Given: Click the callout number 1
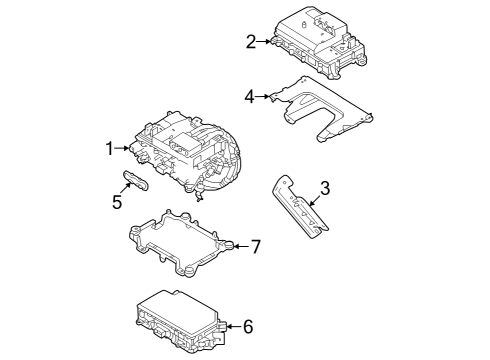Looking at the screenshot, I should tap(109, 149).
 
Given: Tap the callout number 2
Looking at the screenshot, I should tap(250, 41).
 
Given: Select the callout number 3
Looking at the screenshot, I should tap(323, 187).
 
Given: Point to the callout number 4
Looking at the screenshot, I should tap(249, 96).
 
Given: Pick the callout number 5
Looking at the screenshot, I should tap(117, 200).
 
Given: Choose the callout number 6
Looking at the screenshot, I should tap(248, 325).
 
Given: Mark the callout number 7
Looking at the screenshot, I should tap(255, 245).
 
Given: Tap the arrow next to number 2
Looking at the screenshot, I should tap(265, 41).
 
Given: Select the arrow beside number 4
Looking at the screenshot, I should tap(264, 96).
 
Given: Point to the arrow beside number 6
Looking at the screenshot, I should tap(233, 325).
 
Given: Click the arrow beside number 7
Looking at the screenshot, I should tap(239, 245).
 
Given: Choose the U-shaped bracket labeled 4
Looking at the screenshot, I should tap(325, 108).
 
